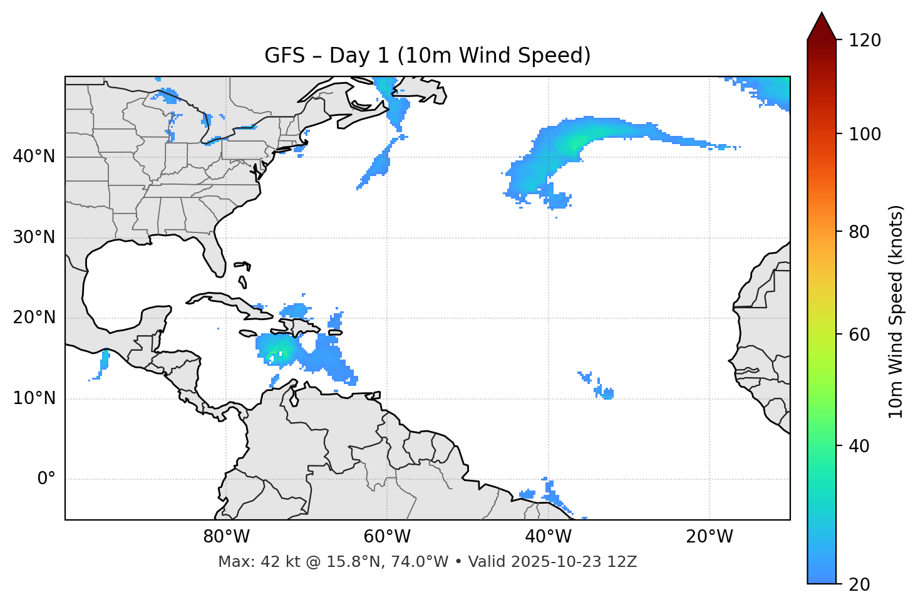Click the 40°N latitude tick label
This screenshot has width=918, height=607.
pos(34,157)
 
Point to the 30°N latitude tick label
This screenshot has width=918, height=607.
pos(34,237)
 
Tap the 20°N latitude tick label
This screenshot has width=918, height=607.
pos(34,318)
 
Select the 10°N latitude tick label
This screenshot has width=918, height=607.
pos(34,398)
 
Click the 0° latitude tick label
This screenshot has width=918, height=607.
pos(46,479)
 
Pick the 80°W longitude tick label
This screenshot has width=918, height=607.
pos(226,537)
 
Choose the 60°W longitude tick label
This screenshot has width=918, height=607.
pos(387,537)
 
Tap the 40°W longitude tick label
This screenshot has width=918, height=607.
pos(549,537)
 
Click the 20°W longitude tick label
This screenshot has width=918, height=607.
pos(709,537)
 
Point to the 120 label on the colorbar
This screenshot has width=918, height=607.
pos(865,41)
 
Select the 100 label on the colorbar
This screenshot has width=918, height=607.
pos(865,134)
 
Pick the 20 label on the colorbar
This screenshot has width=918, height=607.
pos(860,584)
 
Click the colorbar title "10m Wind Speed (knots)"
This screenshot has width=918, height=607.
pos(896,311)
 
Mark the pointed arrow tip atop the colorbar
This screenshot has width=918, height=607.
pos(822,14)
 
